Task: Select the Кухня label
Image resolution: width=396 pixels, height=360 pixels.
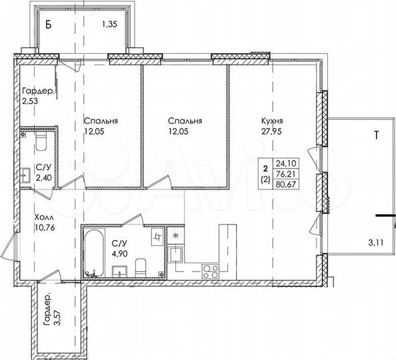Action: [x=273, y=121]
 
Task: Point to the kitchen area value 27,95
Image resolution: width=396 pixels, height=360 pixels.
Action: [x=273, y=132]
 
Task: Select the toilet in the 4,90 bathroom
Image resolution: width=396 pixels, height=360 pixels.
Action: [x=141, y=269]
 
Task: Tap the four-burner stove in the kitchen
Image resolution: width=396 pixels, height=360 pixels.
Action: [x=211, y=271]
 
